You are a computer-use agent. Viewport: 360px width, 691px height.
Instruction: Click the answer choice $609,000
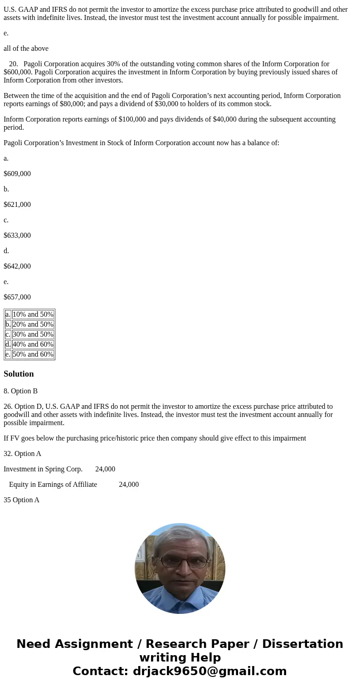click(x=17, y=174)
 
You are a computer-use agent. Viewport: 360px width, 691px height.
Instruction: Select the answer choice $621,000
click(x=17, y=205)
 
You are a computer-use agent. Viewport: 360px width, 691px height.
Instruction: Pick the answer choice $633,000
click(x=17, y=235)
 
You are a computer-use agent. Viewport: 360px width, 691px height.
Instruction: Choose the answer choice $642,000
click(x=17, y=266)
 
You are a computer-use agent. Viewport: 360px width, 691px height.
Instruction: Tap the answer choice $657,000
click(x=17, y=297)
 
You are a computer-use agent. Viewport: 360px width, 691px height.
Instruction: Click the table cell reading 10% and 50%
click(x=33, y=314)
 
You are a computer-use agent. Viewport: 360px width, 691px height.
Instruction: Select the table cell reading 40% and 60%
click(x=33, y=344)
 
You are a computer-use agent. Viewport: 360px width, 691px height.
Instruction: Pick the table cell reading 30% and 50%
click(x=33, y=334)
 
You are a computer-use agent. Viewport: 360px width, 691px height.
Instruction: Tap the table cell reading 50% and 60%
click(x=33, y=354)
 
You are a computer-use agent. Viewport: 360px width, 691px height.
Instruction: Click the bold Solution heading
click(x=19, y=374)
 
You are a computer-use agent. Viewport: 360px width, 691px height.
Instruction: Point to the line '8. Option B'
click(x=20, y=391)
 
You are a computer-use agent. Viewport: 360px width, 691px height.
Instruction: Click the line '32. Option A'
click(x=22, y=454)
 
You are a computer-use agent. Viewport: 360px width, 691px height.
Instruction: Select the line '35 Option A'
click(x=21, y=500)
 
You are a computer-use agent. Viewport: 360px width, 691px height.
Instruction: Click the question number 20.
click(x=13, y=64)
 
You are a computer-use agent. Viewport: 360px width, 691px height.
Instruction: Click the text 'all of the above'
click(x=26, y=49)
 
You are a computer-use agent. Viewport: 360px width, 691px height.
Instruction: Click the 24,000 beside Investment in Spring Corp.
click(x=105, y=469)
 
